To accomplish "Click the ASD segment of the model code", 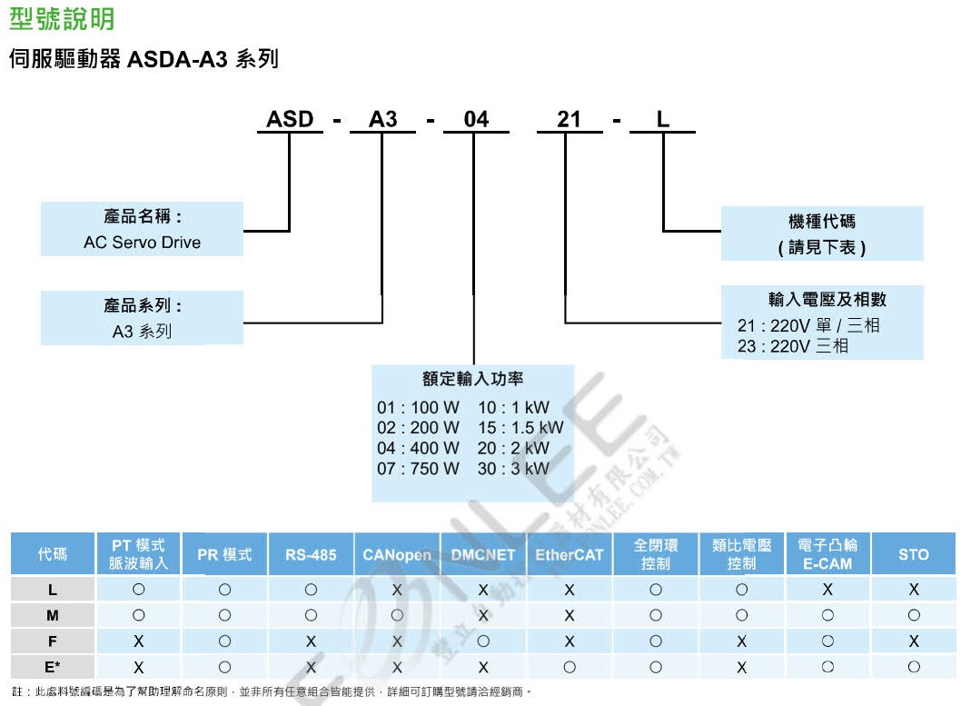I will pyautogui.click(x=290, y=120).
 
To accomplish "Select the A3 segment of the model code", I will pyautogui.click(x=382, y=120).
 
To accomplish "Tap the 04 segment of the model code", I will pyautogui.click(x=476, y=120).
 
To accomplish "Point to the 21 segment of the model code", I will pyautogui.click(x=569, y=120).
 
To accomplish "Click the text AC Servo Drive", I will pyautogui.click(x=142, y=243).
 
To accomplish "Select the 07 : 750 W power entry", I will pyautogui.click(x=419, y=469).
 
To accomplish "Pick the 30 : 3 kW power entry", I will pyautogui.click(x=513, y=469).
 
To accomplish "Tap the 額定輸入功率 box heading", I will pyautogui.click(x=472, y=379).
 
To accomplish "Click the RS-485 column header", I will pyautogui.click(x=311, y=554).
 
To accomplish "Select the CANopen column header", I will pyautogui.click(x=397, y=554).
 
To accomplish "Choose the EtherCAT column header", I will pyautogui.click(x=569, y=554).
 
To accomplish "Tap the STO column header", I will pyautogui.click(x=913, y=554).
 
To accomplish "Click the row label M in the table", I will pyautogui.click(x=53, y=615).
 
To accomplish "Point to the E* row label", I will pyautogui.click(x=53, y=666).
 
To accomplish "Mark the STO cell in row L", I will pyautogui.click(x=913, y=590).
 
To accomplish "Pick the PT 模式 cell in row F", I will pyautogui.click(x=139, y=641).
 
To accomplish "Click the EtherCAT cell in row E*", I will pyautogui.click(x=569, y=666).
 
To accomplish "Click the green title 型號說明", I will pyautogui.click(x=62, y=18).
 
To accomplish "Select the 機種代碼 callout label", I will pyautogui.click(x=822, y=221).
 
